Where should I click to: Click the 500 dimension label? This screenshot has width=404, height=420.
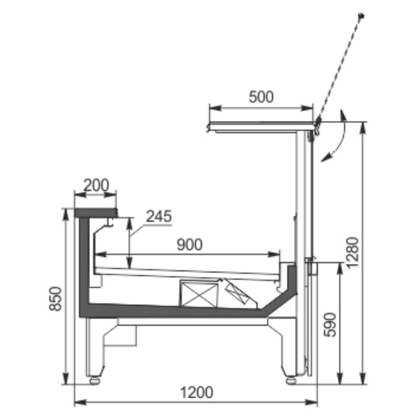[x=260, y=97]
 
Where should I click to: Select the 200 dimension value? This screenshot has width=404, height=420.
[x=95, y=185]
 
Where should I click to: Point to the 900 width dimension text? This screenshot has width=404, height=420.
[x=189, y=245]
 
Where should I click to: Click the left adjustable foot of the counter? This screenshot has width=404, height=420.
[x=96, y=379]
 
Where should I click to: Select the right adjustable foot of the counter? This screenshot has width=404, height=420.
[x=290, y=379]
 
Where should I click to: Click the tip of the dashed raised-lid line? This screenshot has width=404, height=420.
[x=361, y=15]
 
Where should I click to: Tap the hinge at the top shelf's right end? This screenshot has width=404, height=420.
[x=316, y=125]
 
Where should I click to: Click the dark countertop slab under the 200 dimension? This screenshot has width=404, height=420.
[x=95, y=213]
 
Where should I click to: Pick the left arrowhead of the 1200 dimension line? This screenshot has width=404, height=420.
[x=77, y=403]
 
